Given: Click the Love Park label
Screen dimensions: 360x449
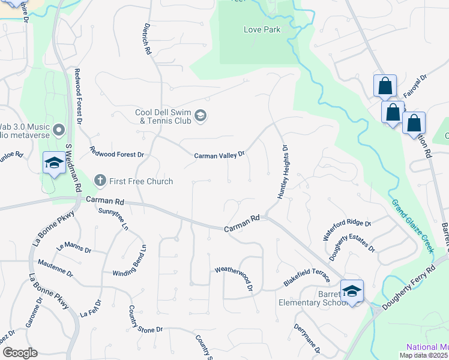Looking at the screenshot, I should (x=262, y=29).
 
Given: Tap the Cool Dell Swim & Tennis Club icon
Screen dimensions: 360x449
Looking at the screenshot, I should (x=200, y=115).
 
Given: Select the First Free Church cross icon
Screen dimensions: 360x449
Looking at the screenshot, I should (x=101, y=181).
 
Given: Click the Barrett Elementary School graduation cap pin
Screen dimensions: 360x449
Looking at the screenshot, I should (x=352, y=291).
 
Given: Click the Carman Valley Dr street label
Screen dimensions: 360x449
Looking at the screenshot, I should (x=219, y=155).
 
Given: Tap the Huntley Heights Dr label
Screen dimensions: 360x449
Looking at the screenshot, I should (x=283, y=172).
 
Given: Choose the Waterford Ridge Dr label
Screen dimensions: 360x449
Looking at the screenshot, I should (x=347, y=230).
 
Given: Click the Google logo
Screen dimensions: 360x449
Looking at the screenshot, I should (x=19, y=353).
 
